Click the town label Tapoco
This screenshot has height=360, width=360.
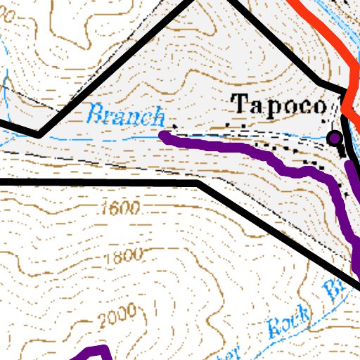pyautogui.click(x=281, y=106)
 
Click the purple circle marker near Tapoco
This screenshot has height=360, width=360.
pyautogui.click(x=335, y=138)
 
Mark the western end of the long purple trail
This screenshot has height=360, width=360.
pyautogui.click(x=164, y=134)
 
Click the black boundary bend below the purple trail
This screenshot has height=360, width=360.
pyautogui.click(x=202, y=182)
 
